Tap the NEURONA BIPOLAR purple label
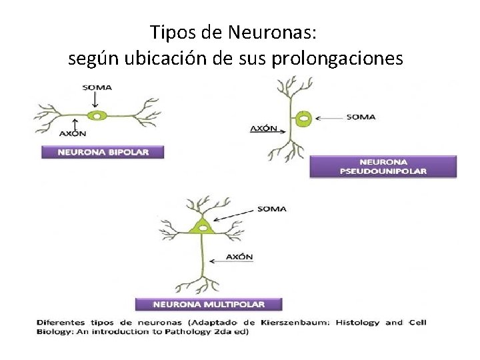point(103,152)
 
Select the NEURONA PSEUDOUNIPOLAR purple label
point(383,167)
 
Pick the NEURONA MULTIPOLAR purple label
point(209,304)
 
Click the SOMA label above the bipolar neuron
point(97,87)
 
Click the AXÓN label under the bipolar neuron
point(73,133)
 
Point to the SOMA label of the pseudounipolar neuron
point(361,117)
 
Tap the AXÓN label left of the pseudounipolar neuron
point(263,128)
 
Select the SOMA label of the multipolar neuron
point(271,209)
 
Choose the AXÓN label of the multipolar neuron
point(239,257)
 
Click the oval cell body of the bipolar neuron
point(98,116)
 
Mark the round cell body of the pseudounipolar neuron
point(303,120)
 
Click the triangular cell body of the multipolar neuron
point(199,226)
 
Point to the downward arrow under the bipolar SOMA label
point(97,100)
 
